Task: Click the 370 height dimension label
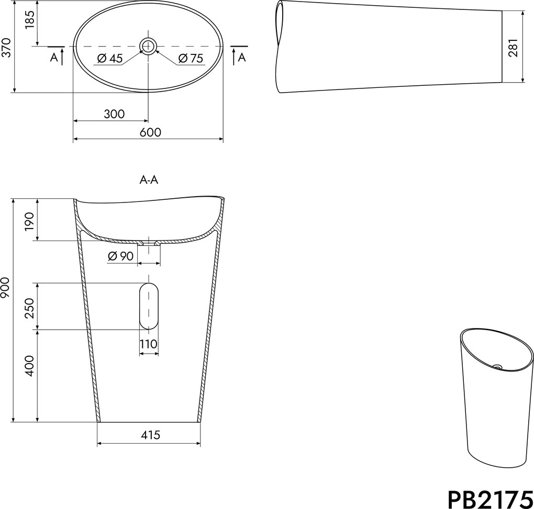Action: [6, 48]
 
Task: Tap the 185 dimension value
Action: [30, 20]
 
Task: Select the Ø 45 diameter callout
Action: [109, 59]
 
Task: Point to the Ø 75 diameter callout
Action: [191, 59]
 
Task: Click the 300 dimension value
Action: [114, 114]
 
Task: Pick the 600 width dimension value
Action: [150, 132]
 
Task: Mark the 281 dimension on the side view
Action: [513, 48]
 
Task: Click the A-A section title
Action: [149, 179]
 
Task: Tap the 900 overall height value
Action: [6, 288]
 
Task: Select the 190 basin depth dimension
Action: [30, 221]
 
